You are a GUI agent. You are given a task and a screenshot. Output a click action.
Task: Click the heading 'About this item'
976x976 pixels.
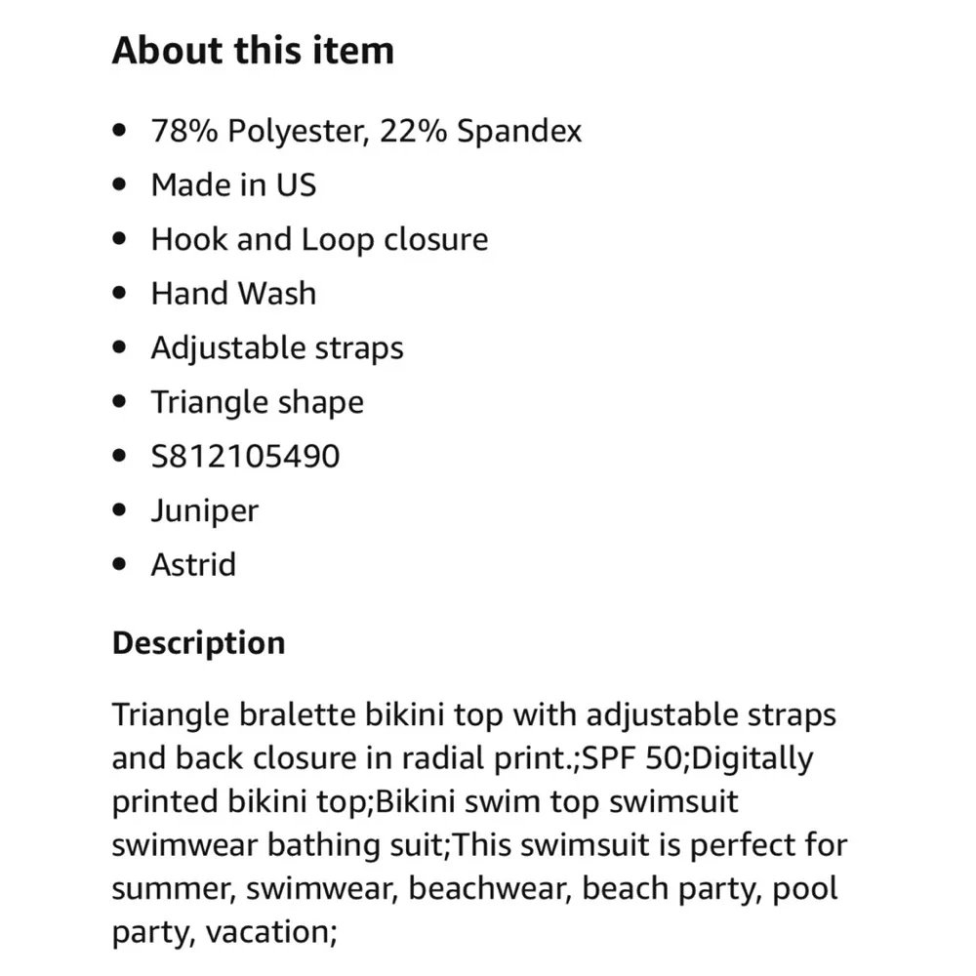tap(253, 51)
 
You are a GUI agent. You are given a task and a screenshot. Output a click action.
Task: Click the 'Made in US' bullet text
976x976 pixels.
tap(233, 185)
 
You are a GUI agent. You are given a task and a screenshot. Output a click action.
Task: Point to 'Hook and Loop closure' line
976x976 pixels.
tap(319, 239)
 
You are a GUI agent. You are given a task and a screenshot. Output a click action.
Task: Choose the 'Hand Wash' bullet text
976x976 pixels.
tap(233, 294)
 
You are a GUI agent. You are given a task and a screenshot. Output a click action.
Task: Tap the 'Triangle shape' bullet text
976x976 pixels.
tap(257, 402)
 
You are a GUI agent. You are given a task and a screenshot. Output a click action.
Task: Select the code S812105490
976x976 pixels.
tap(245, 456)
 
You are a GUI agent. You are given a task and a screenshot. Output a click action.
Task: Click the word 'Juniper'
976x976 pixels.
tap(204, 510)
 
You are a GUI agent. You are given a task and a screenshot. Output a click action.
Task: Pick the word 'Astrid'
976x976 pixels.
tap(193, 564)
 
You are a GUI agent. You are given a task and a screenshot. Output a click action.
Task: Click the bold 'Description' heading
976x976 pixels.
tap(198, 643)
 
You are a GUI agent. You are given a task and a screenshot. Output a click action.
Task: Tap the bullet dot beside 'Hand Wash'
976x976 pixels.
tap(120, 294)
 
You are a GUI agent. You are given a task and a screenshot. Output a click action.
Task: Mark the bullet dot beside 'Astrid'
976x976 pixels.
tap(120, 564)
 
